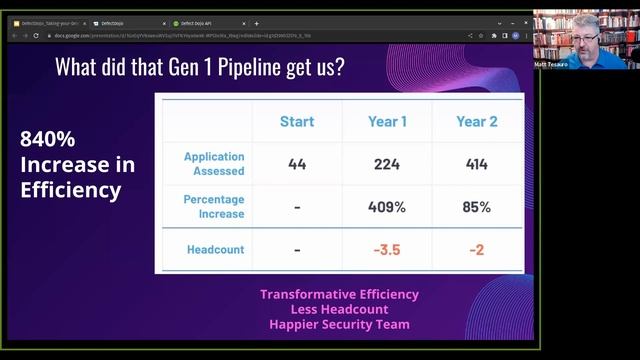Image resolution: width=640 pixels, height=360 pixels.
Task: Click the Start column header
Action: (x=296, y=121)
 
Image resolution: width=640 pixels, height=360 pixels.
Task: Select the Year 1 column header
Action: (x=386, y=121)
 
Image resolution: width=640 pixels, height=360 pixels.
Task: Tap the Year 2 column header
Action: (x=477, y=121)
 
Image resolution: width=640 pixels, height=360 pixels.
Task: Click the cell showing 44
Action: (x=296, y=164)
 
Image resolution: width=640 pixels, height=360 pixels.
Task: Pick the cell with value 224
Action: (x=386, y=164)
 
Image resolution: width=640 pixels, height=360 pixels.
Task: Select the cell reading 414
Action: (x=477, y=164)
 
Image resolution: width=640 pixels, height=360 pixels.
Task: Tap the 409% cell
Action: (x=386, y=207)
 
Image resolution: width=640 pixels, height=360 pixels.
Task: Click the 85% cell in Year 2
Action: (x=477, y=207)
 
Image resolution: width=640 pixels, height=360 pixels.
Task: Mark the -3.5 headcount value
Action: (x=386, y=249)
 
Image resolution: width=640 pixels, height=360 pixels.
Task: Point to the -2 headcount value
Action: (x=477, y=249)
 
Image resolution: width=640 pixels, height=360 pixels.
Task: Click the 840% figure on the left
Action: (x=48, y=141)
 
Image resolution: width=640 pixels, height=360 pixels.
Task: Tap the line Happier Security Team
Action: (x=339, y=324)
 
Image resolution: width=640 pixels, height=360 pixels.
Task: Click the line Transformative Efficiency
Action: (x=339, y=295)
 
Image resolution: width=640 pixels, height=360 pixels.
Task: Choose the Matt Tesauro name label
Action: (x=552, y=64)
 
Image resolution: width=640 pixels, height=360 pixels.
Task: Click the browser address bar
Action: (x=270, y=35)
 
